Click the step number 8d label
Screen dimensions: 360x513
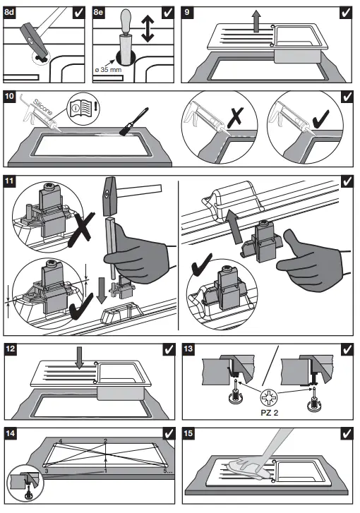pos(9,13)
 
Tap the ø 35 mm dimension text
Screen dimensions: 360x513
pos(108,70)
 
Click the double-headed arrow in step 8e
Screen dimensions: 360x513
pos(148,29)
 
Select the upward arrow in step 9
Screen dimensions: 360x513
pos(256,21)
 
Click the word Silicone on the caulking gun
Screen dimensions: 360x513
pos(43,107)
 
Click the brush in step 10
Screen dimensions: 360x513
pos(134,121)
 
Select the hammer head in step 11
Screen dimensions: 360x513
pos(109,197)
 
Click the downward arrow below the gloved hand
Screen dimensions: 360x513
pos(102,290)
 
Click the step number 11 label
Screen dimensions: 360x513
pos(9,181)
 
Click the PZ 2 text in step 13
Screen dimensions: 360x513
pos(270,413)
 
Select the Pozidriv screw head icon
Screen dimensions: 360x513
pos(269,397)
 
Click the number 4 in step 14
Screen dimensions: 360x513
pos(60,442)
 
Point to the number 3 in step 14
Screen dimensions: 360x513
pos(47,471)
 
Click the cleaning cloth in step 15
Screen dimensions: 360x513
pos(247,468)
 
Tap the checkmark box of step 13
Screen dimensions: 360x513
pos(347,349)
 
